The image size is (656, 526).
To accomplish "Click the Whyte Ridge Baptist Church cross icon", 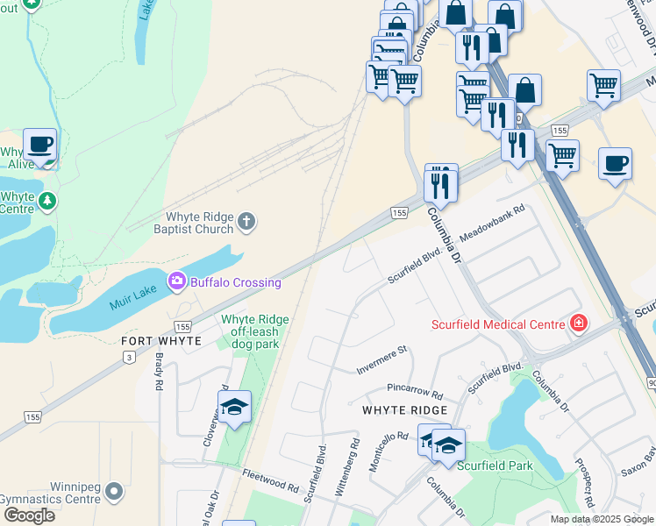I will point(246,222).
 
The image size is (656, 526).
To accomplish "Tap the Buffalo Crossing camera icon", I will point(178,281).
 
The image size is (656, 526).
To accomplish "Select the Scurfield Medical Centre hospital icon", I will point(578,324).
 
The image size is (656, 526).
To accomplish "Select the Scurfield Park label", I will point(495,466).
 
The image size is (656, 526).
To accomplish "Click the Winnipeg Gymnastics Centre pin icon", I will point(113,496).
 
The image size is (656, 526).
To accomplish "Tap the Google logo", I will point(29,515).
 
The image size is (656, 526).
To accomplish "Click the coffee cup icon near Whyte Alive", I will point(39,144).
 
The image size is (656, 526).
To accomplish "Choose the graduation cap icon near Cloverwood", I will point(234,407).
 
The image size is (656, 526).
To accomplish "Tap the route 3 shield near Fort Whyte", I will point(130,356).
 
